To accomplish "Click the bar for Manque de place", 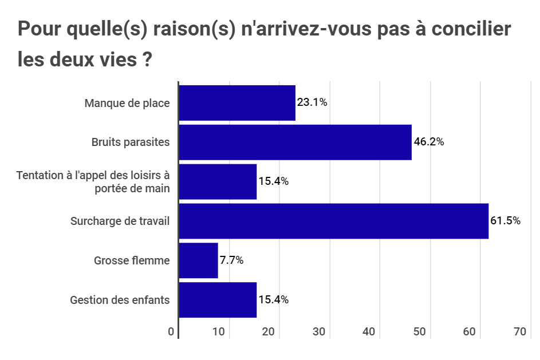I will tap(237, 103).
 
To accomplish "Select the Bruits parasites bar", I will tap(295, 142).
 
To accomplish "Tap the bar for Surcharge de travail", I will tap(333, 221).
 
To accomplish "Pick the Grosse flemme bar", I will tap(199, 260).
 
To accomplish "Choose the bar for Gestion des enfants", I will tap(218, 300).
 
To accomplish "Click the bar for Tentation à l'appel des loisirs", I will tap(218, 181).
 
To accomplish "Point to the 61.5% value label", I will tap(505, 221).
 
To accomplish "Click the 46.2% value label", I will tap(428, 142).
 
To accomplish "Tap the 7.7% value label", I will tap(231, 260).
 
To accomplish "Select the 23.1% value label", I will tap(312, 103).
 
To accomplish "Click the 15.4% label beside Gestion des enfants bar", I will tap(273, 300).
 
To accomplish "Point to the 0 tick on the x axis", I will tap(171, 332).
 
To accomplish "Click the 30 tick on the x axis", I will tap(319, 332).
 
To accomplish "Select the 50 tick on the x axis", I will tap(420, 332).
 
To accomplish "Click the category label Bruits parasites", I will tap(131, 142).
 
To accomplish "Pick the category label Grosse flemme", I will tap(132, 260).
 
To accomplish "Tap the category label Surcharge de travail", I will tap(120, 221).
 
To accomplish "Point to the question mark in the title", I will tap(146, 60).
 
